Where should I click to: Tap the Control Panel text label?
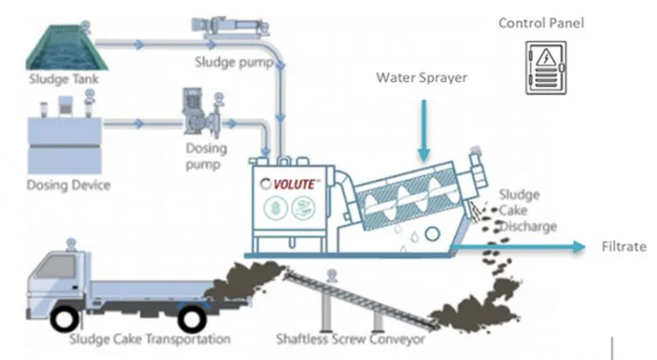(542, 23)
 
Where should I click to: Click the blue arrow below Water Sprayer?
(423, 128)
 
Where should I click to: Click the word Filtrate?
(623, 246)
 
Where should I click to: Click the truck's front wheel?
(65, 319)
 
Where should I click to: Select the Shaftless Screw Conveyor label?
(350, 339)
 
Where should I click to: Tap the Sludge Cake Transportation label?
(150, 339)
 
